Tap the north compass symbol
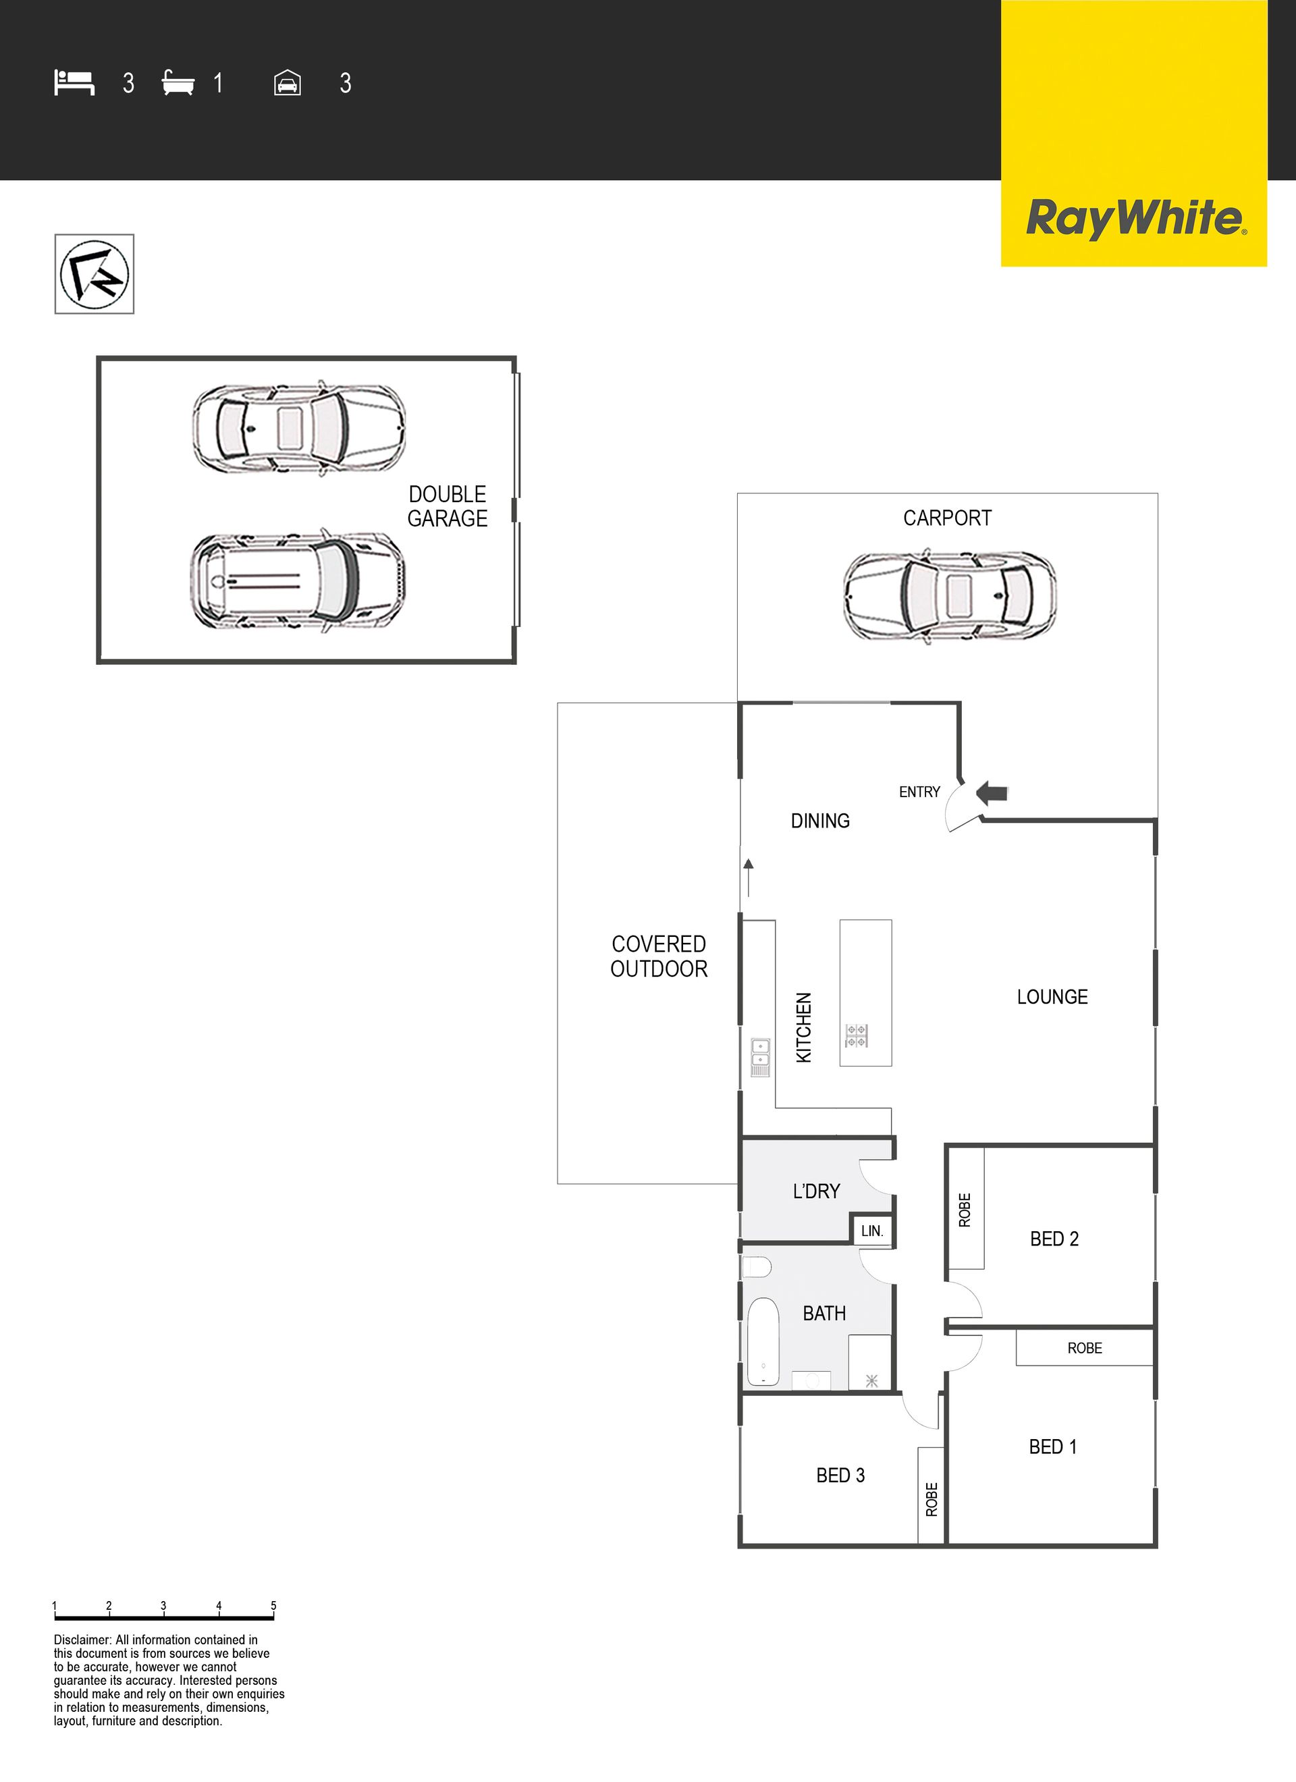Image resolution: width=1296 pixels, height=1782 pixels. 94,274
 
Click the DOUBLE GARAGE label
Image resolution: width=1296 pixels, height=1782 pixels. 448,506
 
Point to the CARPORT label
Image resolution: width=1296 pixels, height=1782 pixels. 947,518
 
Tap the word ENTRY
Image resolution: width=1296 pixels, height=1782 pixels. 919,792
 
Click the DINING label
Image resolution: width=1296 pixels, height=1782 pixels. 819,821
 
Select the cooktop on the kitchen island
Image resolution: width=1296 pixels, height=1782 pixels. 856,1035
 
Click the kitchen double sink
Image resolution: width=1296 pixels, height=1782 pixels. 760,1057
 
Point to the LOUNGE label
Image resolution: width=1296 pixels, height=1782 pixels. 1052,997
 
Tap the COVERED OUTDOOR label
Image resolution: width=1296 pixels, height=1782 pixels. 659,956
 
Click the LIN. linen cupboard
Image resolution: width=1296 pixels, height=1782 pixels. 872,1231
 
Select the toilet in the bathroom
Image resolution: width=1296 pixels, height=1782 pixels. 757,1266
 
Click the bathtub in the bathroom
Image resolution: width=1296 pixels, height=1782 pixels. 762,1341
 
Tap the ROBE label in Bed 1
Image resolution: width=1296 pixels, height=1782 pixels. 1085,1348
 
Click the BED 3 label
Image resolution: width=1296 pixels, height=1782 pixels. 840,1476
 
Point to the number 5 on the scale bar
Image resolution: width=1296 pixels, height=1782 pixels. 273,1606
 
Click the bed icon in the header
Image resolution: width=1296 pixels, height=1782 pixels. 74,82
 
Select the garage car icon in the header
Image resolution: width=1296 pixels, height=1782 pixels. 288,82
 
